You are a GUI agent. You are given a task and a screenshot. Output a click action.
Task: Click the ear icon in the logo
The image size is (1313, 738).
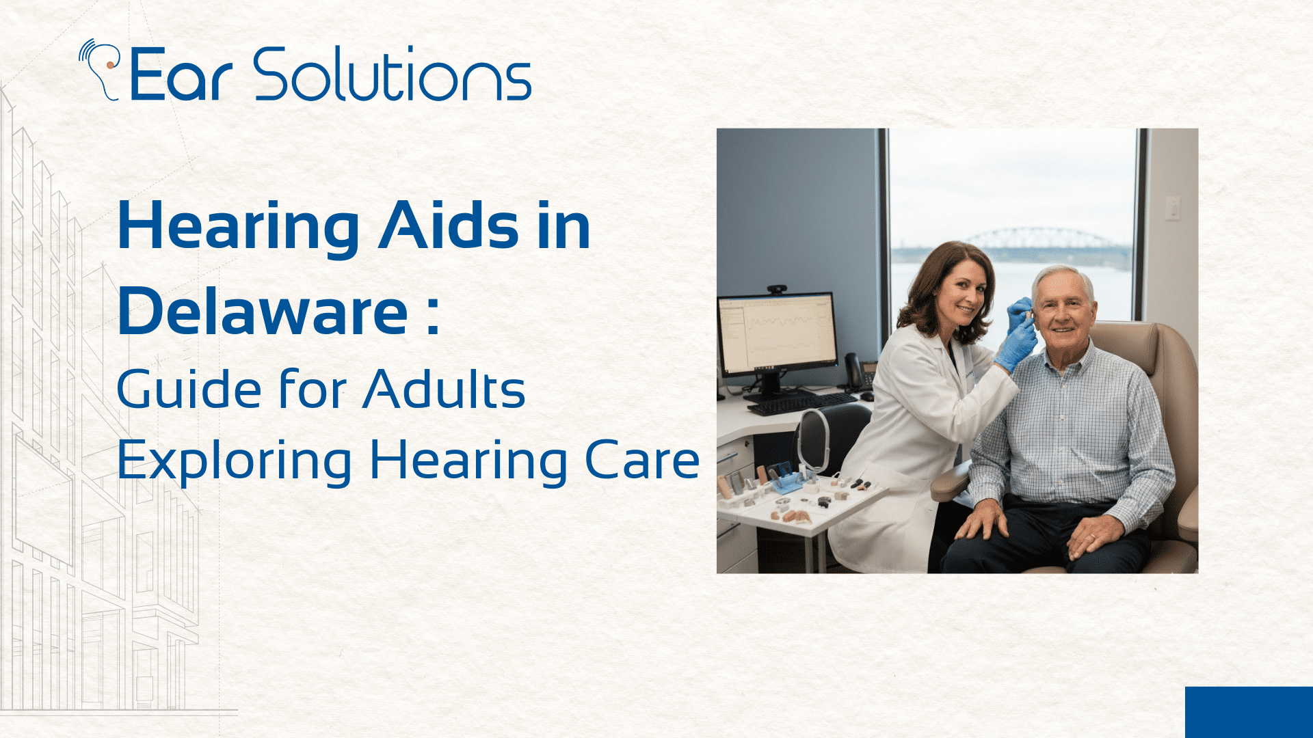[101, 68]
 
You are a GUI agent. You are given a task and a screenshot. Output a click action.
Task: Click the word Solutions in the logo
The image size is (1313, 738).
[393, 75]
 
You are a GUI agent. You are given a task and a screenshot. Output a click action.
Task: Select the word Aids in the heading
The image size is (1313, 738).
[449, 225]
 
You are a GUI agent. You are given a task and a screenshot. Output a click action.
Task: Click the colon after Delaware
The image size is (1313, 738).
[432, 316]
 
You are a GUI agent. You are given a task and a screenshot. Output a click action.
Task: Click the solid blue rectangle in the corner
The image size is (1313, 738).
[1249, 712]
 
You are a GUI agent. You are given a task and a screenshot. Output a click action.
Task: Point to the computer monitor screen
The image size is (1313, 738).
[778, 333]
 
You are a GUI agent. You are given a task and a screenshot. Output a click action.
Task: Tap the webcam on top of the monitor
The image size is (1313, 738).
[776, 290]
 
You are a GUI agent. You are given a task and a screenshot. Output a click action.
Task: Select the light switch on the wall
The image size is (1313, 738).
[1173, 208]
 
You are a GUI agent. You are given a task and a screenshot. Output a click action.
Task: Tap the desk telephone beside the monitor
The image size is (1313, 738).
[858, 372]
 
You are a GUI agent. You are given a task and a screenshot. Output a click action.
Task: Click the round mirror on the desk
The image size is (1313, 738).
[813, 441]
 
